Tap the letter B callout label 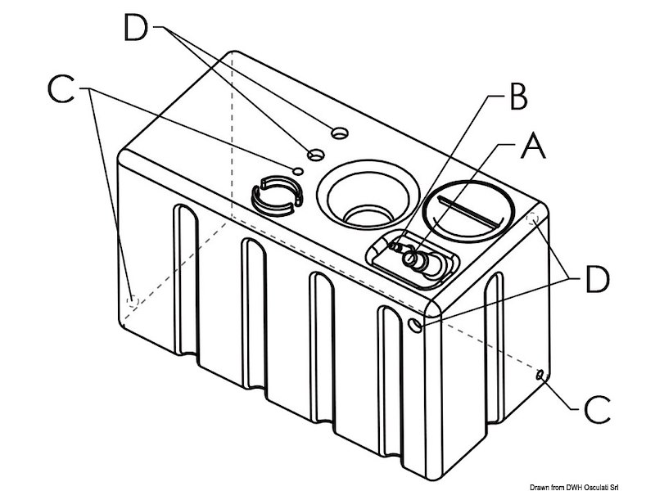(514, 97)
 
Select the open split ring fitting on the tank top (275, 195)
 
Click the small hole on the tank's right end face (540, 374)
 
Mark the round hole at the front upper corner (418, 326)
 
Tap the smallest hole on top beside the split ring (299, 170)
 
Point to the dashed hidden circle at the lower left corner (130, 301)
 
